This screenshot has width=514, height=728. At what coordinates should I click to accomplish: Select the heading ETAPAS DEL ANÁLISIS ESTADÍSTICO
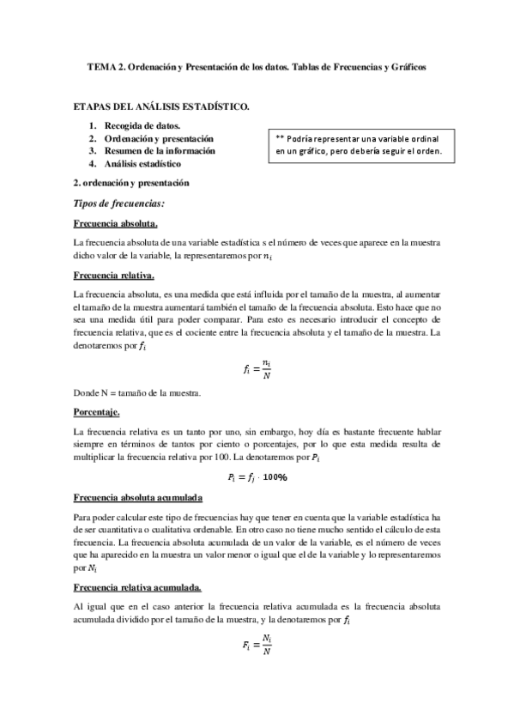163,106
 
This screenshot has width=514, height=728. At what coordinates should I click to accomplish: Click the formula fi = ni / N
257,371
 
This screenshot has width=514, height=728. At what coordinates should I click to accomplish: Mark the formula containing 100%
257,476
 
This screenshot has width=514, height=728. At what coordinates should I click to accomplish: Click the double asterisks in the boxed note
280,138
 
